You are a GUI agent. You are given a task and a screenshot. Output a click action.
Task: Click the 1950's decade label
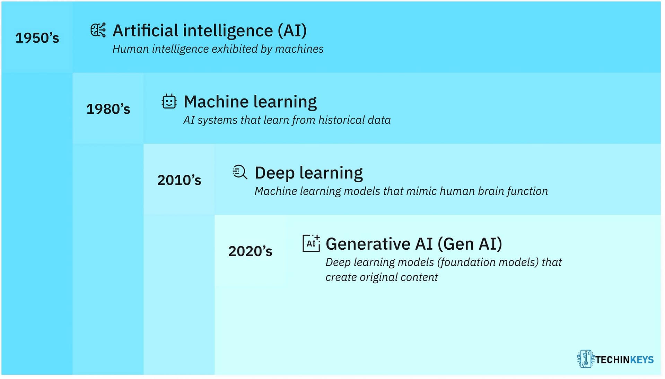(37, 38)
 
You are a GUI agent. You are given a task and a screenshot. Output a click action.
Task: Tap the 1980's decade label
(108, 109)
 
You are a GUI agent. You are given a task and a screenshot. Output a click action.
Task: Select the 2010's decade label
(179, 180)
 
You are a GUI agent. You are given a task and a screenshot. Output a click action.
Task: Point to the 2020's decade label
(250, 251)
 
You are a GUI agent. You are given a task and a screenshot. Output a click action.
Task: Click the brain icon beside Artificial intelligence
(98, 30)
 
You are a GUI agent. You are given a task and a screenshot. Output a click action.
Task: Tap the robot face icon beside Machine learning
(169, 102)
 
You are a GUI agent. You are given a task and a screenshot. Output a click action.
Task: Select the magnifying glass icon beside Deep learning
(240, 172)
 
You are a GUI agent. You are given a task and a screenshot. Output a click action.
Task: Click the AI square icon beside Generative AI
(311, 243)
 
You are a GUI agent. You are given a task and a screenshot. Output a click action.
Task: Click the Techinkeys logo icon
(585, 359)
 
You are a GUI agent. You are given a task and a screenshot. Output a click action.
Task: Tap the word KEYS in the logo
(641, 360)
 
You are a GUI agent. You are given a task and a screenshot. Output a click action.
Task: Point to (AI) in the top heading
(292, 31)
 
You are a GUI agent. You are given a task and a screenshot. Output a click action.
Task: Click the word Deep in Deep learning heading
(274, 173)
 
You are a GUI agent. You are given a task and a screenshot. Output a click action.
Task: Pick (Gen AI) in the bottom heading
(470, 244)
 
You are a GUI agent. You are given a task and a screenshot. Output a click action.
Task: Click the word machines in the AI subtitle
(299, 49)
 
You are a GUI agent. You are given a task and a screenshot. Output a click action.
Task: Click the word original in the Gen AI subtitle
(379, 277)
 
